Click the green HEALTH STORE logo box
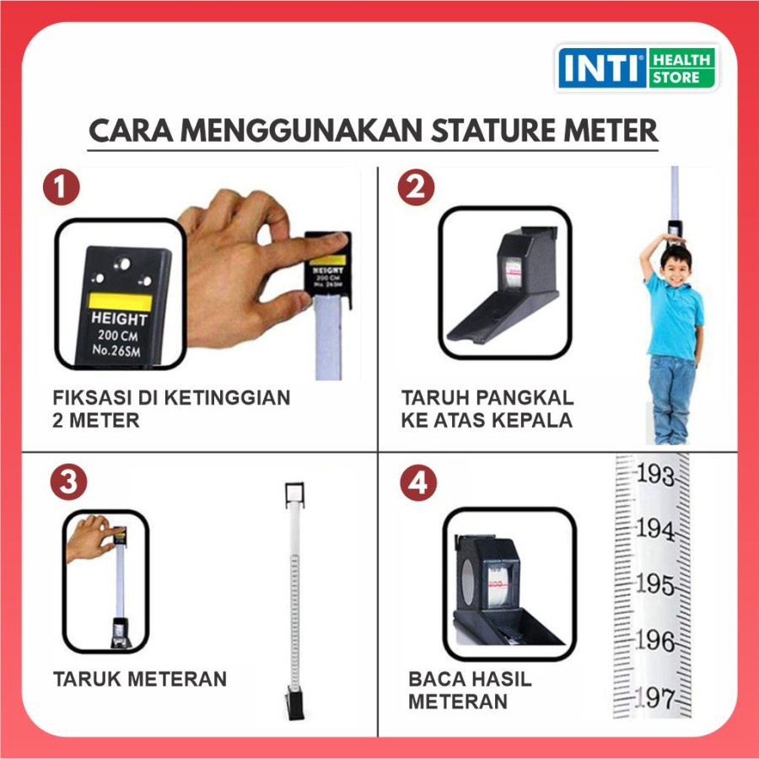681,69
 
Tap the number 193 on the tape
655,476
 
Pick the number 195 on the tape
655,584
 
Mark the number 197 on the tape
656,698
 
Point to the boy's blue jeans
672,396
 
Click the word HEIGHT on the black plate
119,320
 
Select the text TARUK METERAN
140,679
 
